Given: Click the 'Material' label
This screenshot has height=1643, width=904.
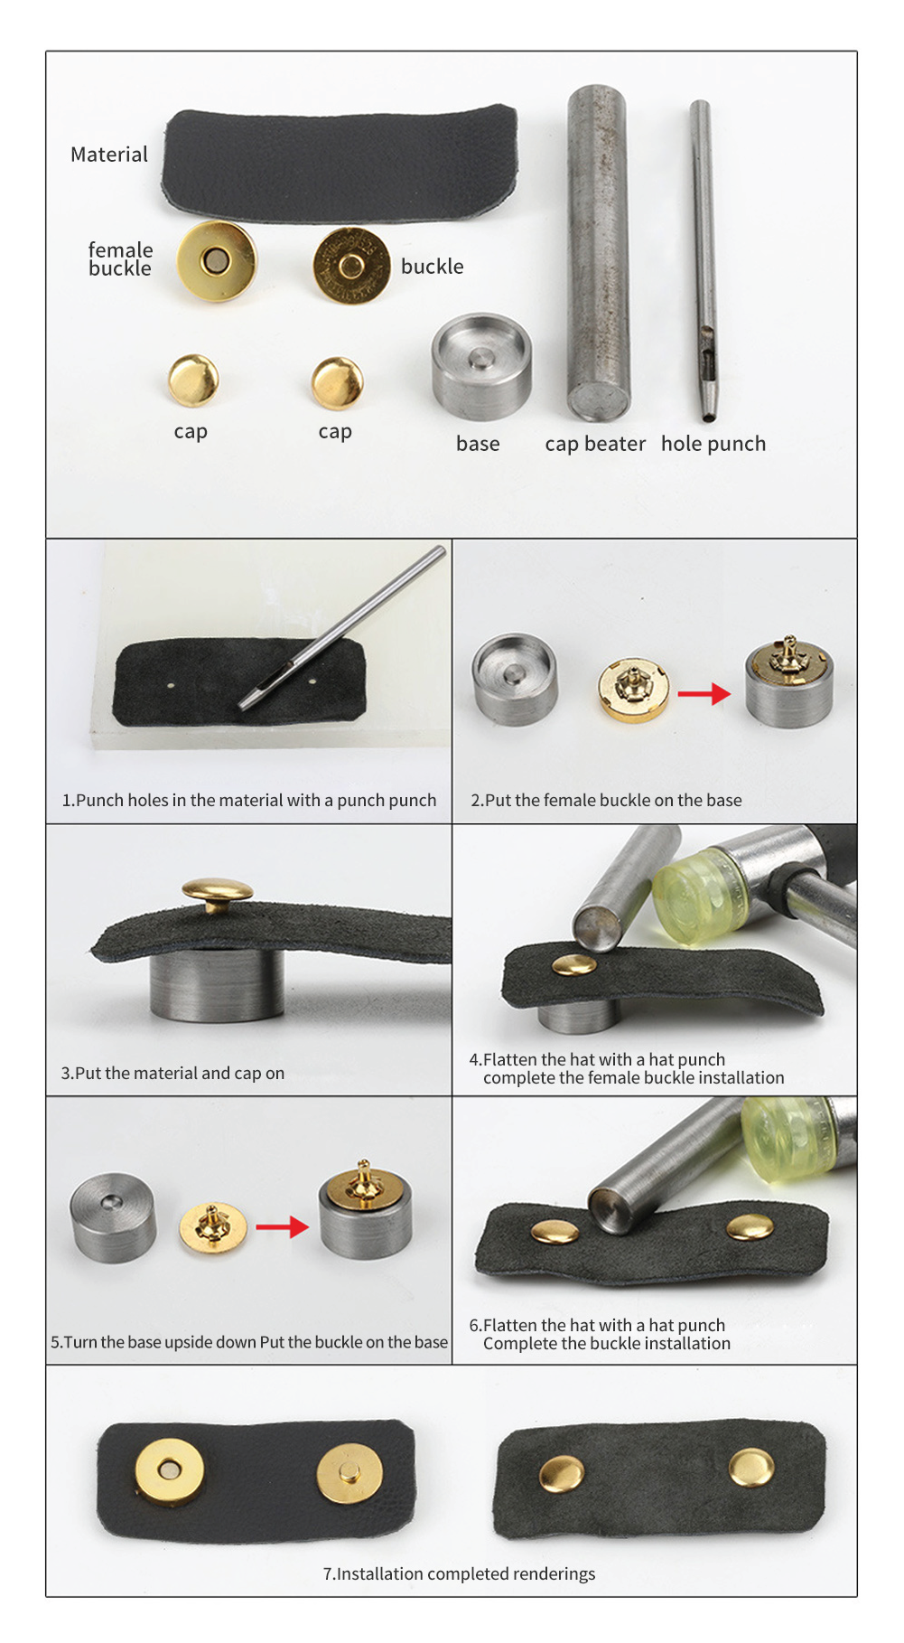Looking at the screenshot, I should pos(109,155).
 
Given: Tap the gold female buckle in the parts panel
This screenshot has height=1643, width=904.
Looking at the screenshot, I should pos(217,261).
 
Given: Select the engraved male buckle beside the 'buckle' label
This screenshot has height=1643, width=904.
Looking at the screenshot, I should pos(350,265).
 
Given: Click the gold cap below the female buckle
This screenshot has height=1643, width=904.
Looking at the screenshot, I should pos(193,380).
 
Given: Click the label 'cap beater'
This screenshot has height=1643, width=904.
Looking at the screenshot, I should pos(595,444).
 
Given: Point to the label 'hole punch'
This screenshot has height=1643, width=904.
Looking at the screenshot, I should pos(713,444).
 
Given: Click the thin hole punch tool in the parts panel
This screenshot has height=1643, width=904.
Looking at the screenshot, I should pos(704,262).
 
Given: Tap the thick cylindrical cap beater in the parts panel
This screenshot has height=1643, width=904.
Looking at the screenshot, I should pos(597,253).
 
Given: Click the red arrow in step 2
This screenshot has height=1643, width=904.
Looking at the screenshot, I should pos(704,694).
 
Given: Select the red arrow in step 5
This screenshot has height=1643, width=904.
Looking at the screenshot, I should pos(282,1226).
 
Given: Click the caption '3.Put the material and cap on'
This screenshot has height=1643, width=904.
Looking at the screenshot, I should pos(172,1073).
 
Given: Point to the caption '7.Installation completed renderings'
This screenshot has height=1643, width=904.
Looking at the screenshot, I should pos(459,1573).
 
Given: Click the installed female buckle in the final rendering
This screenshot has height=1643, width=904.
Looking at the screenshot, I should pos(169,1470).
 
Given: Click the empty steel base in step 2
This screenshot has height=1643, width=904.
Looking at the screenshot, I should pos(514,681).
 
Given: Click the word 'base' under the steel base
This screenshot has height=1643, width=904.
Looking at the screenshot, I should pos(478,444).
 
